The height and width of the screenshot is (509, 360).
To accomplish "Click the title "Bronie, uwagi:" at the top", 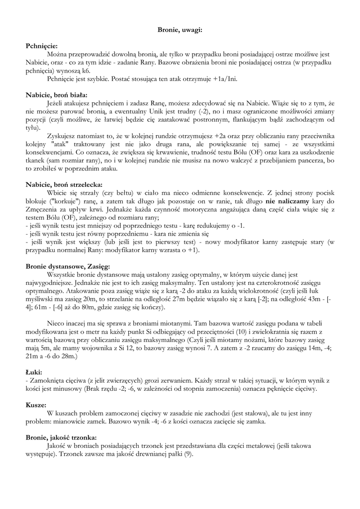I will pos(180,30).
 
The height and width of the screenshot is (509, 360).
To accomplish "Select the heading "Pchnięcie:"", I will pos(42,46).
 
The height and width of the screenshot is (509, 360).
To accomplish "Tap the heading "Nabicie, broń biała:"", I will pos(57,94).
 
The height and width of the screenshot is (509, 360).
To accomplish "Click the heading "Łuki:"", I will pos(34,372).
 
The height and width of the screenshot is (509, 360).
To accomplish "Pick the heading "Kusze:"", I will pos(35,405).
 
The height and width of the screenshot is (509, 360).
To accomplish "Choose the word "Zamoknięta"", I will pos(46,380).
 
